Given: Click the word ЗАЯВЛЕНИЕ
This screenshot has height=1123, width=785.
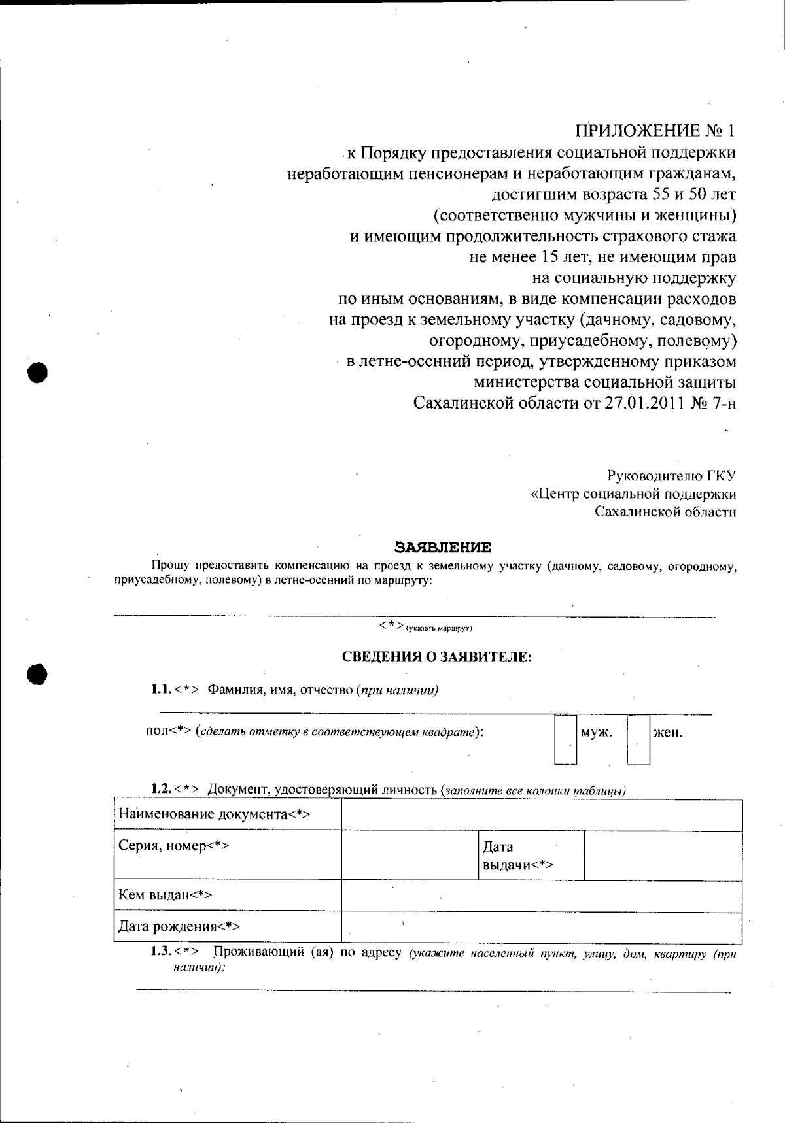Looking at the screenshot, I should click(x=442, y=547).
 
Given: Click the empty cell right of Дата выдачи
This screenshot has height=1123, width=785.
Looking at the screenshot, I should click(x=662, y=855).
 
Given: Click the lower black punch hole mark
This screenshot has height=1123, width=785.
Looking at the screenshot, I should click(x=39, y=674).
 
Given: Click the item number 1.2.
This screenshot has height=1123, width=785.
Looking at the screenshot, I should click(x=161, y=790).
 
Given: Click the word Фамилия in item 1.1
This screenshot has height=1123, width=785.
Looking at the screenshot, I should click(x=234, y=690).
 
